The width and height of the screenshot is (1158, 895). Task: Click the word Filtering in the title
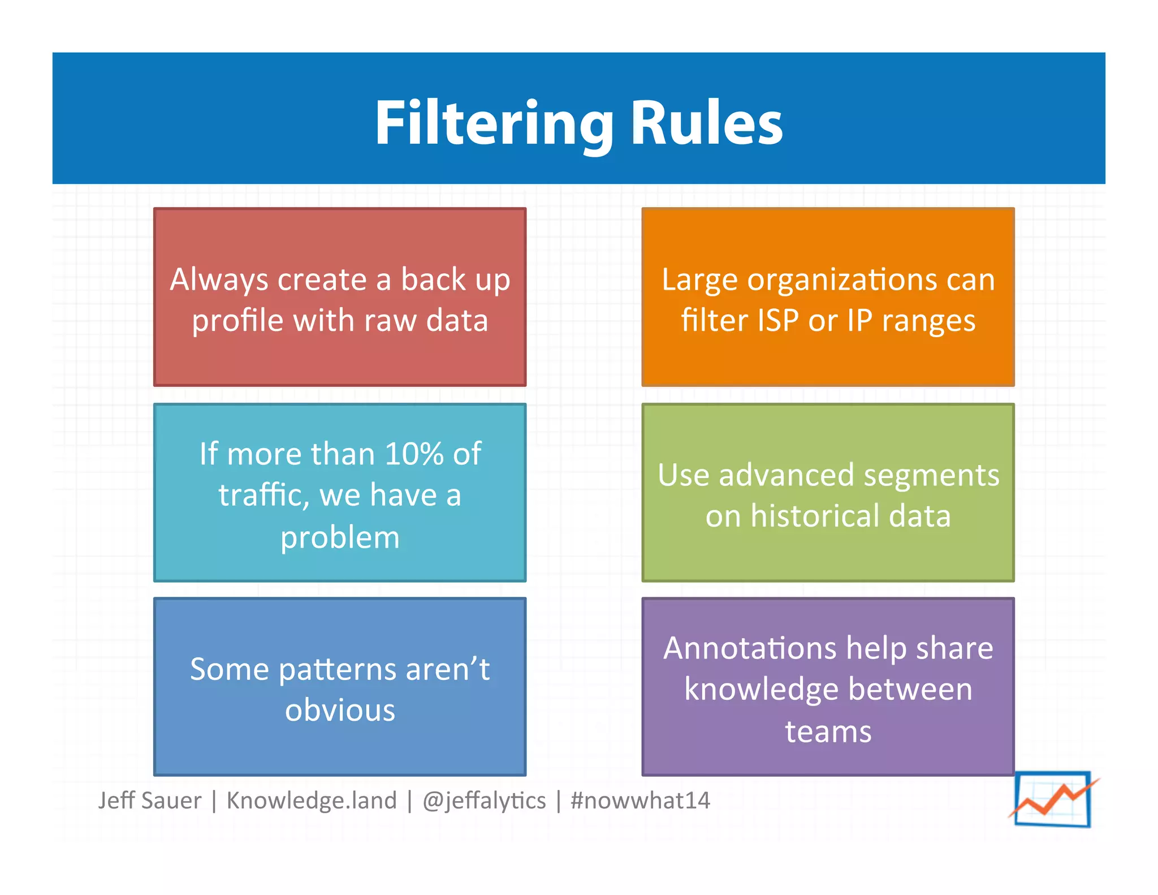click(493, 123)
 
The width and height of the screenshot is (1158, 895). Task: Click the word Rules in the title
click(706, 123)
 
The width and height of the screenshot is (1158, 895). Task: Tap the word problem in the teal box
click(340, 537)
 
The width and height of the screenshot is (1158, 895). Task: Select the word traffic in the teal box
click(263, 496)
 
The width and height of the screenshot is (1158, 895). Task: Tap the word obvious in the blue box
click(340, 711)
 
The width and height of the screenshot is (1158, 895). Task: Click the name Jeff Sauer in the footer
click(149, 801)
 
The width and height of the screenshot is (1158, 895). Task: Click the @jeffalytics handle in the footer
click(484, 801)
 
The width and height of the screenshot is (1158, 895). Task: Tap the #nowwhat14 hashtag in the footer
click(640, 801)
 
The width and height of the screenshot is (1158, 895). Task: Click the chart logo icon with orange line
click(1053, 798)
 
